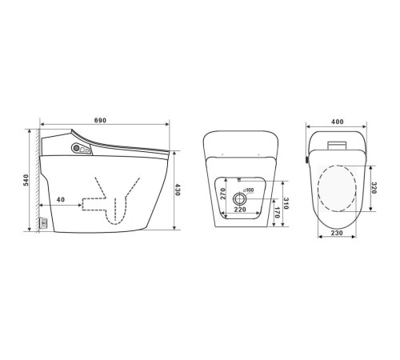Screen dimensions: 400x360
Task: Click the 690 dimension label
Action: click(x=100, y=120)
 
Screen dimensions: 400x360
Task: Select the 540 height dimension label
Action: click(x=26, y=180)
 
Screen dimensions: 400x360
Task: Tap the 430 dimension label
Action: click(x=178, y=190)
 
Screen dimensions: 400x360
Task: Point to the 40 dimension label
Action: click(x=61, y=199)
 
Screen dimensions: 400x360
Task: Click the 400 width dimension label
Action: click(x=338, y=122)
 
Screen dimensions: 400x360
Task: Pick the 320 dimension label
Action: click(x=374, y=188)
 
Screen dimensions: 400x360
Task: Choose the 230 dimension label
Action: click(x=337, y=233)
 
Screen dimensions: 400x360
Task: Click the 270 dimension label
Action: click(x=223, y=194)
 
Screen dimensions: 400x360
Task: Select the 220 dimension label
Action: click(x=240, y=210)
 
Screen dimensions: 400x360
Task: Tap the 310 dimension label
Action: click(x=286, y=203)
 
